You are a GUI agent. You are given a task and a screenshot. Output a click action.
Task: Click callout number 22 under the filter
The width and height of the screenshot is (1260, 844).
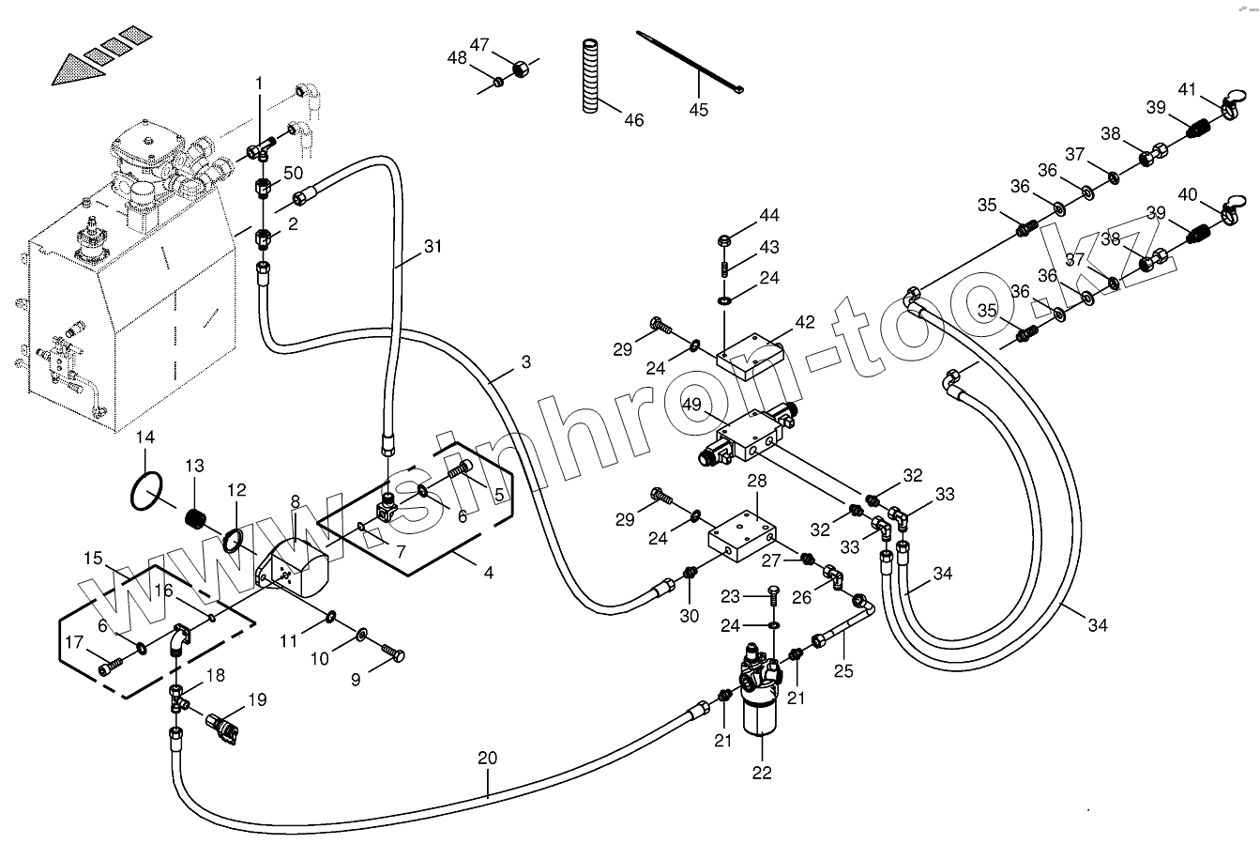point(761,773)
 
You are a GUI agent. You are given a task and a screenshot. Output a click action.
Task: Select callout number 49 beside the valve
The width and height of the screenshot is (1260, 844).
point(692,405)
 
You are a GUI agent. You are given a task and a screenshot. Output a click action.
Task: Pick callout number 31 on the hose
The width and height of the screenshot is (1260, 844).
point(432,247)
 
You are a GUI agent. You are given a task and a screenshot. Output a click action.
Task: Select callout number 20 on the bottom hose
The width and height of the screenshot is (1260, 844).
point(488,758)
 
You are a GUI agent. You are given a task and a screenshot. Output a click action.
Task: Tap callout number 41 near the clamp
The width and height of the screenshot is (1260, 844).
point(1187,90)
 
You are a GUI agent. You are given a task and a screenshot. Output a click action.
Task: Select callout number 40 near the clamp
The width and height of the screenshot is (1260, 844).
point(1187,195)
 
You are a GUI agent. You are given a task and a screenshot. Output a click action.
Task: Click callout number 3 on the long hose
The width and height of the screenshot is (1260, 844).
point(525,361)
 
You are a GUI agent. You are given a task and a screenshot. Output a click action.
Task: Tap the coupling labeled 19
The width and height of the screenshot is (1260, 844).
point(225,729)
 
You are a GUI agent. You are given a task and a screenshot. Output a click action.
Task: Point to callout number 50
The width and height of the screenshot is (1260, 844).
point(293,174)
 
